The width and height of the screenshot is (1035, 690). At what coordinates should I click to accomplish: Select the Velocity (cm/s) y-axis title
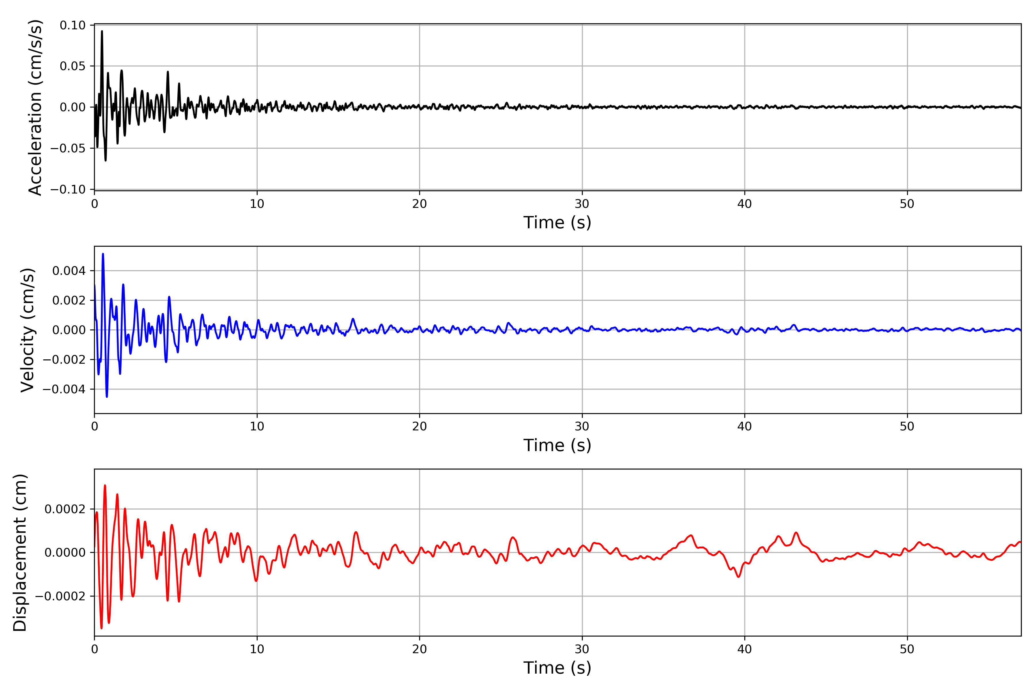pos(28,330)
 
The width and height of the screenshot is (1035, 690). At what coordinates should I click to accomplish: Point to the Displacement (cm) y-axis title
pos(20,553)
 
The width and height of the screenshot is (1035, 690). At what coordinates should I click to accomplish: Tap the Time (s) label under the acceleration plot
pos(557,223)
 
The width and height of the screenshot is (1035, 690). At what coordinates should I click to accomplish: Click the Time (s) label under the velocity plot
pos(557,445)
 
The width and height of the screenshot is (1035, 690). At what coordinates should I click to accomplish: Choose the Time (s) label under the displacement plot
pos(557,668)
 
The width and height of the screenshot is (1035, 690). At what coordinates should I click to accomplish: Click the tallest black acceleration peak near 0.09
pos(102,31)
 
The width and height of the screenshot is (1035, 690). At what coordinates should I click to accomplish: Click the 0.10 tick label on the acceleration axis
pos(73,26)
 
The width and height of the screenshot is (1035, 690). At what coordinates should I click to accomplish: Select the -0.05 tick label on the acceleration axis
pos(68,148)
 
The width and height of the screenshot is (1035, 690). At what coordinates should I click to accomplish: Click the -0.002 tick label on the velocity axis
pos(64,360)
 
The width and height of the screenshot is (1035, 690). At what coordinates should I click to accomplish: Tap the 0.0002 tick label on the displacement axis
pos(65,509)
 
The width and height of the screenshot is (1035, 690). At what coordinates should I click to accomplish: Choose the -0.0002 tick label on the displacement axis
pos(60,596)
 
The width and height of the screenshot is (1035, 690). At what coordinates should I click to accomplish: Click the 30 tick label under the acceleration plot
pos(582,204)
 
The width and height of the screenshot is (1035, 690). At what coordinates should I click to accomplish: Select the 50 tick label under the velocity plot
pos(907,426)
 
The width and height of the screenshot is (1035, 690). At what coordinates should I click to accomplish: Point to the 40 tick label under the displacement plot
pos(745,649)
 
